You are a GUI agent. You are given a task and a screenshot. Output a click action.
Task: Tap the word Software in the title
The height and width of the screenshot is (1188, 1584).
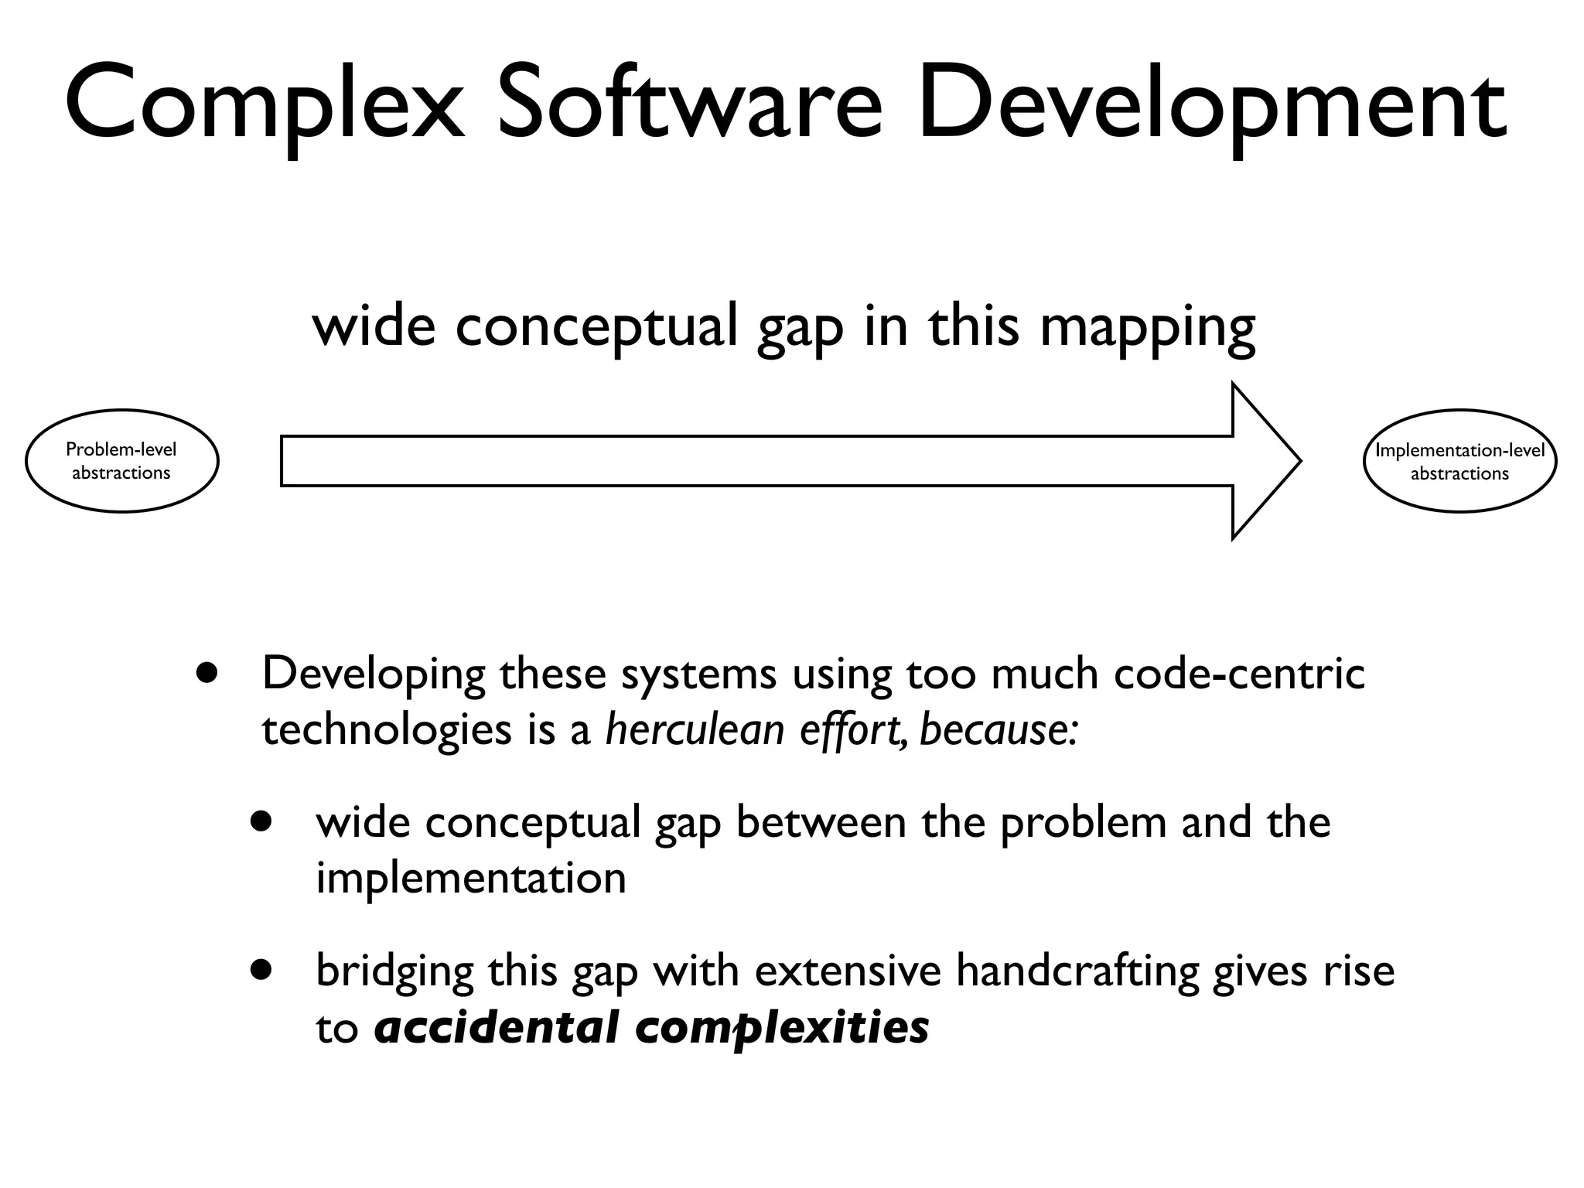click(688, 104)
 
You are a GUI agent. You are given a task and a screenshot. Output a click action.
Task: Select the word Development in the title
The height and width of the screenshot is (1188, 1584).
click(1210, 104)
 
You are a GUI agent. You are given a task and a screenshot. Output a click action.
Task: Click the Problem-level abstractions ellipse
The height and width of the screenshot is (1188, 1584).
click(122, 461)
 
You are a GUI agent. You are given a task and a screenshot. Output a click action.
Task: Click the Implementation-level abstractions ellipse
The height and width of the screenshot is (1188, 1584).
click(1459, 461)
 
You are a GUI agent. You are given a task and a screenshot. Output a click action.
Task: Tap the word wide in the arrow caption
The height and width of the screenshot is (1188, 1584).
click(374, 326)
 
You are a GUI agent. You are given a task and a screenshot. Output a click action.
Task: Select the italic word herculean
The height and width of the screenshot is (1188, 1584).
click(695, 729)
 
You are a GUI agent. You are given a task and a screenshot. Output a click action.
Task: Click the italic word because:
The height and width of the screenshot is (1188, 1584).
click(999, 729)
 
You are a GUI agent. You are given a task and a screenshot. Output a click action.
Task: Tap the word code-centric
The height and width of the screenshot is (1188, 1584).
click(1239, 673)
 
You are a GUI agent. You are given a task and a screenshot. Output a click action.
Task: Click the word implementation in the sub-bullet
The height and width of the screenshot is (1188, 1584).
click(470, 879)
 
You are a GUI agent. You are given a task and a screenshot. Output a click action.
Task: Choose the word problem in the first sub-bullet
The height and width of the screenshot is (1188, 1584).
click(1083, 823)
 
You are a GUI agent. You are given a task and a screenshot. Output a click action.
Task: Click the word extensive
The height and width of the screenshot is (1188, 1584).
click(848, 971)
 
